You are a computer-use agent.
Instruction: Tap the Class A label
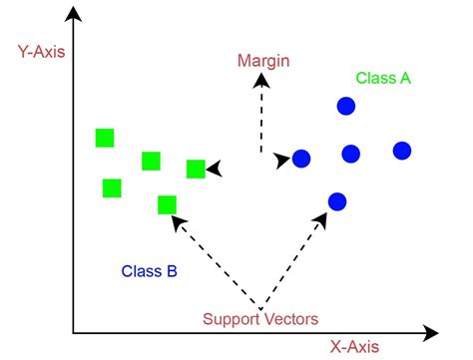383,78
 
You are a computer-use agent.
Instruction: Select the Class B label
150,270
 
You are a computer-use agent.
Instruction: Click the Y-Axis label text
40,51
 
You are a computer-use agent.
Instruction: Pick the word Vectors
292,319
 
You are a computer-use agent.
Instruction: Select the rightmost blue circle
402,151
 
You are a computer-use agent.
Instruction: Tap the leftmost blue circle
301,158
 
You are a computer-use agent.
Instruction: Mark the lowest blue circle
336,201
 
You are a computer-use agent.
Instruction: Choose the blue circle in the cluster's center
350,154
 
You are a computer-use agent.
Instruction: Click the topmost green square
105,138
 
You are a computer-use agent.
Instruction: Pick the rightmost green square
196,169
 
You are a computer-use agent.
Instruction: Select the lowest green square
167,205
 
